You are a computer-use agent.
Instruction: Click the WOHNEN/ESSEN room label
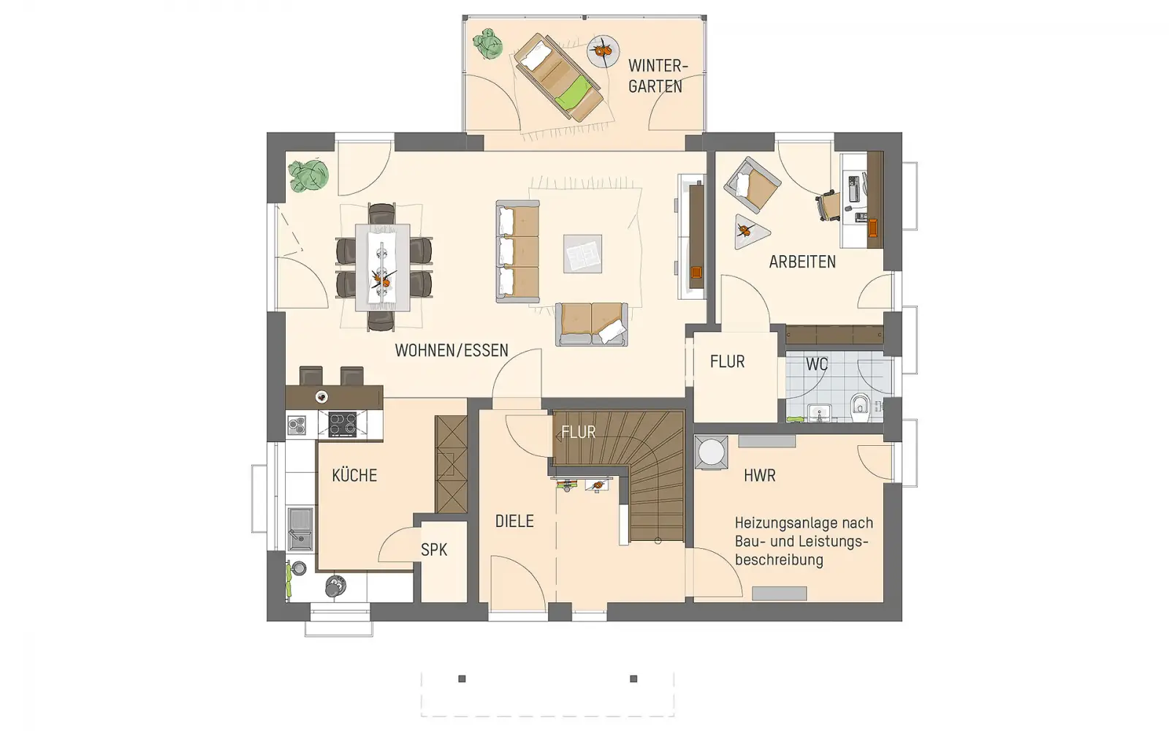point(452,350)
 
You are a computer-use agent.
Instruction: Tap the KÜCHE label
point(354,475)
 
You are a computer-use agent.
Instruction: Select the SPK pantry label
point(434,549)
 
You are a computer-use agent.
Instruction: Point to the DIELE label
point(514,521)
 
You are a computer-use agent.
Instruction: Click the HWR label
point(760,475)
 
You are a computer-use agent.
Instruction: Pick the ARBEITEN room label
point(803,262)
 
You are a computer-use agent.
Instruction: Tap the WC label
point(817,364)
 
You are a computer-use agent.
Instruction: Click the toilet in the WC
point(861,408)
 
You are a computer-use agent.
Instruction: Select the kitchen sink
point(300,529)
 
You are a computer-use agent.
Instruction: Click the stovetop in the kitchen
point(343,424)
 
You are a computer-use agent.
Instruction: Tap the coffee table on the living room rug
point(582,254)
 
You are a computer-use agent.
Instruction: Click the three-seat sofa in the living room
point(518,251)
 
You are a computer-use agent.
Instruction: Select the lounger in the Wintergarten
point(558,77)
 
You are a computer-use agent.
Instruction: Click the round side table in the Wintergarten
point(603,51)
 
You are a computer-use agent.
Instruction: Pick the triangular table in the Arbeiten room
point(749,231)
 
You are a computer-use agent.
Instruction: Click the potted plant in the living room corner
point(308,175)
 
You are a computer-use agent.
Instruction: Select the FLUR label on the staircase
point(578,432)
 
